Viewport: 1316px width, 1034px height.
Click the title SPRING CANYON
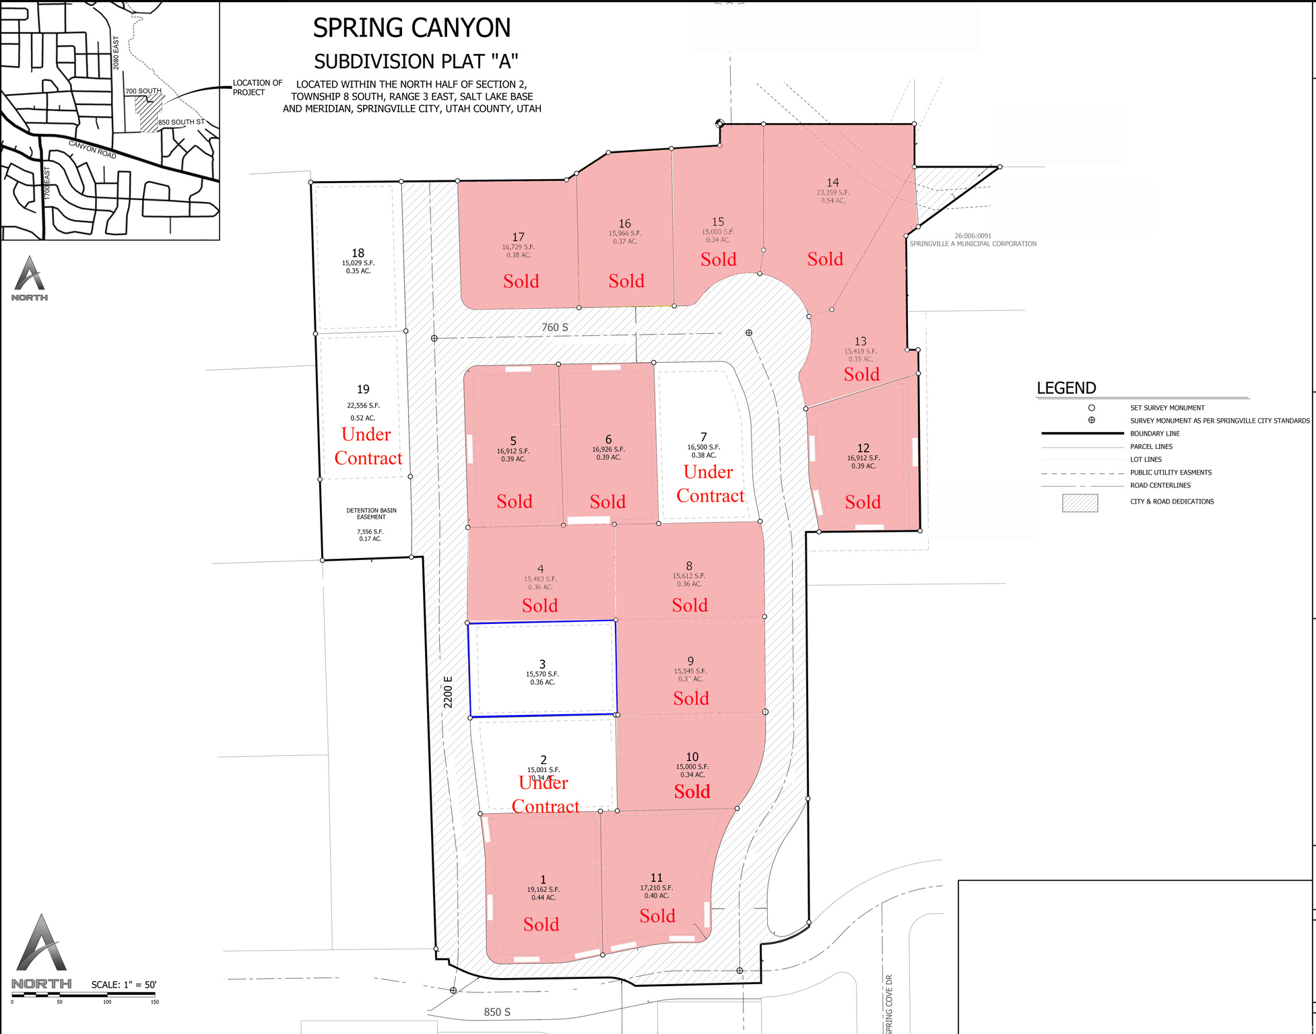[x=412, y=28]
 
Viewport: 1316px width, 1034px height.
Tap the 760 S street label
[x=554, y=327]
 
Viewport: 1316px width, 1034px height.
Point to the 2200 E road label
[x=449, y=691]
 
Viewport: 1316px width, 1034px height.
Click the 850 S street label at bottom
[x=497, y=1012]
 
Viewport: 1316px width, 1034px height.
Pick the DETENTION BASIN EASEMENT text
[x=371, y=514]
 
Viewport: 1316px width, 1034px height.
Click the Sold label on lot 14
[x=825, y=259]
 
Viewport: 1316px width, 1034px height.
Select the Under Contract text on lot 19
[x=368, y=446]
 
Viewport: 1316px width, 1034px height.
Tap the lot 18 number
[x=358, y=253]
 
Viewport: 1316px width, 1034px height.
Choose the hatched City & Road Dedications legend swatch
[x=1080, y=503]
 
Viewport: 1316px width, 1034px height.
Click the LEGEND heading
[x=1066, y=388]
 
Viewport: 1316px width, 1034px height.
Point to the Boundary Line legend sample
[x=1082, y=434]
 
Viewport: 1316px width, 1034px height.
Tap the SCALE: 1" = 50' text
[x=124, y=984]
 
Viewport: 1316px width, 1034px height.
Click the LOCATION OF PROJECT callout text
[x=257, y=88]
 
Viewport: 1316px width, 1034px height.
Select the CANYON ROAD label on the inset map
[x=92, y=149]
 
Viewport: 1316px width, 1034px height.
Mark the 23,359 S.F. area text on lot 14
[x=832, y=193]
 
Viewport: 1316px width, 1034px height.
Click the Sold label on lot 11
[x=657, y=916]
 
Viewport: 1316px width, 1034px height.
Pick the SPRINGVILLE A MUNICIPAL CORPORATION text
[x=973, y=244]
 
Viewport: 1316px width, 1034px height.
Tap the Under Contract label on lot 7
[x=710, y=483]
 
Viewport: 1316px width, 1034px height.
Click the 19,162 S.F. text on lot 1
[x=543, y=889]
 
